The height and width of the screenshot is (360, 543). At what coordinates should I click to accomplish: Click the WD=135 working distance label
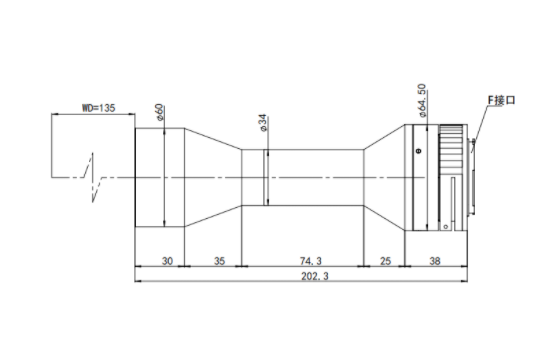coord(98,108)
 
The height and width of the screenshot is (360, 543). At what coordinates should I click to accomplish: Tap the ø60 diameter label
coord(160,112)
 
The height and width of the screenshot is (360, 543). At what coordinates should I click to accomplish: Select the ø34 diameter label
coord(263,123)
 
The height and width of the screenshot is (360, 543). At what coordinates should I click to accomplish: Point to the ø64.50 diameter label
coord(422,101)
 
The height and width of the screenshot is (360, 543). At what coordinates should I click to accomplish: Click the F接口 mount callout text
coord(501,100)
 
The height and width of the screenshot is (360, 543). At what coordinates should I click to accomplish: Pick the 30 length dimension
coord(167,261)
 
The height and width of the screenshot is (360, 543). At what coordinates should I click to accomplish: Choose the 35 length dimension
coord(220,261)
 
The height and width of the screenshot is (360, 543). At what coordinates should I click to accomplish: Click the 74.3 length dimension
coord(311,261)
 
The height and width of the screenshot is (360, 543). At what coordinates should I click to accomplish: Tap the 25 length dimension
coord(385,261)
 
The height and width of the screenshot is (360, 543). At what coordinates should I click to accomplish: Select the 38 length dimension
coord(435,261)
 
